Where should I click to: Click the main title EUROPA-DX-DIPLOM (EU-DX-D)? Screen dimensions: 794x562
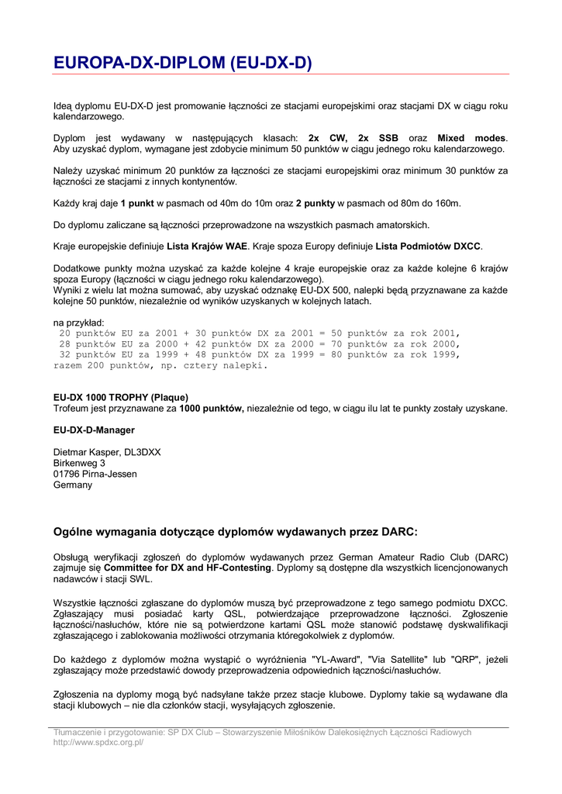coord(182,61)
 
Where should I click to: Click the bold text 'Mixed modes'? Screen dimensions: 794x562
coord(471,138)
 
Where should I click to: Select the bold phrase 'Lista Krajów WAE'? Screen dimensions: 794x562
coord(208,247)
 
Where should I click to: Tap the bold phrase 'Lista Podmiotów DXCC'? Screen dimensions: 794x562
coord(429,247)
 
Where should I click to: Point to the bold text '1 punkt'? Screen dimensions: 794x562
coord(137,203)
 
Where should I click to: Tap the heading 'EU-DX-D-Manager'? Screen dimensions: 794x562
coord(94,430)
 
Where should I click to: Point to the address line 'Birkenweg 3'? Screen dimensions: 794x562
coord(79,463)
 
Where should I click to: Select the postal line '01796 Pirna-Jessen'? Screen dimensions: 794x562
coord(95,474)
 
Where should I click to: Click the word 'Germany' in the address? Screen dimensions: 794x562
coord(72,485)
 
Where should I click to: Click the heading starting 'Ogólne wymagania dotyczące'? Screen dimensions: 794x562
coord(235,532)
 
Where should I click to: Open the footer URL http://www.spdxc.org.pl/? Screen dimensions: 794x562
coord(98,742)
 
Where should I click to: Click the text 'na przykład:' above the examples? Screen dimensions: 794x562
coord(79,322)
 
